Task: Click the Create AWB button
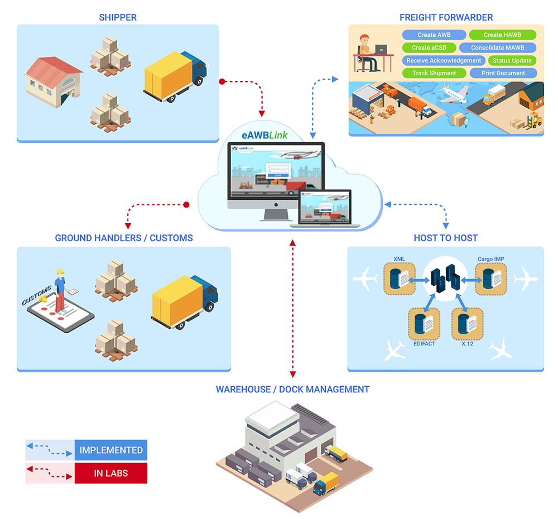click(x=434, y=35)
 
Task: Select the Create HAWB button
click(x=502, y=35)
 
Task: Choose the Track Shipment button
click(x=434, y=73)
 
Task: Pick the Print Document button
click(x=503, y=73)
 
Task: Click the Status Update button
click(x=512, y=60)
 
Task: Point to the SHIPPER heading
click(x=118, y=17)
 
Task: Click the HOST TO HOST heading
click(x=445, y=238)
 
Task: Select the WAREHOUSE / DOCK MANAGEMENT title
click(x=292, y=390)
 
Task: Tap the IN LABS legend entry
click(x=110, y=473)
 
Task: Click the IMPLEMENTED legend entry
click(x=110, y=450)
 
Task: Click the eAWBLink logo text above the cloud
click(x=264, y=134)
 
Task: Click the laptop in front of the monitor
click(x=326, y=207)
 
